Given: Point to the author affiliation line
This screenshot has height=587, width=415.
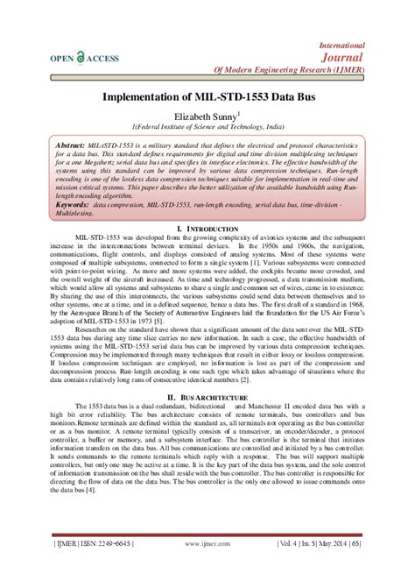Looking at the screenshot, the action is coord(207,126).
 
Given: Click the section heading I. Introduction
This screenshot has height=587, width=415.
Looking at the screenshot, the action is coord(207,228).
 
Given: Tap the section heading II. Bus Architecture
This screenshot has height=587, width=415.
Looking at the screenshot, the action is coord(207,397).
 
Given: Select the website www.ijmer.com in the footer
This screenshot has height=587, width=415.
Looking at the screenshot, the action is coord(207,567).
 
